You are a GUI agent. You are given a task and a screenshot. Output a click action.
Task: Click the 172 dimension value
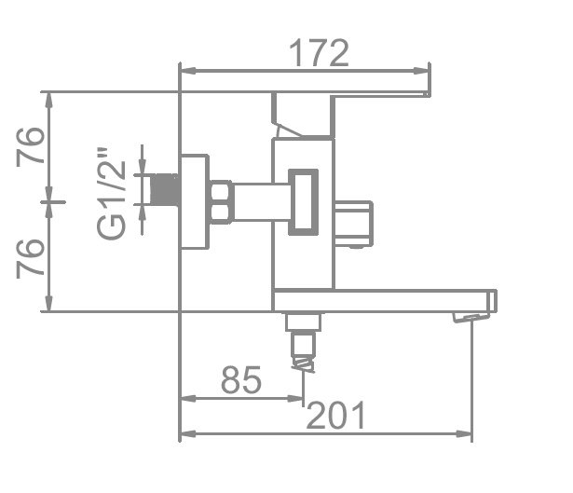pyautogui.click(x=319, y=53)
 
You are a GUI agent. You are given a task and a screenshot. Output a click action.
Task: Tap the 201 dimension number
pyautogui.click(x=335, y=415)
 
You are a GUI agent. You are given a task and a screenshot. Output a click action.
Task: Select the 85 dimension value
pyautogui.click(x=241, y=379)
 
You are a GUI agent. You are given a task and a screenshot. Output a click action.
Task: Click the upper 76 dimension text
pyautogui.click(x=30, y=146)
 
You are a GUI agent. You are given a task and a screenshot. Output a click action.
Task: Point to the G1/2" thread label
pyautogui.click(x=111, y=194)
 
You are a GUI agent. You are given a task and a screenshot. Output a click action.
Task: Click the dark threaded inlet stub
pyautogui.click(x=165, y=189)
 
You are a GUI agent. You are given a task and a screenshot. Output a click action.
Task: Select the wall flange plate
pyautogui.click(x=195, y=201)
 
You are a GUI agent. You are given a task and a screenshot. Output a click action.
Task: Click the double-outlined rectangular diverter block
pyautogui.click(x=303, y=202)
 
